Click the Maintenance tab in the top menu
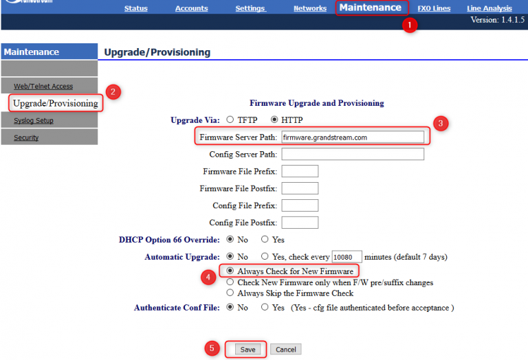point(370,8)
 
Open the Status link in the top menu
point(136,8)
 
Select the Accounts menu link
point(191,8)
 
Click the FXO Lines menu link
point(434,8)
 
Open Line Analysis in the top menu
point(489,8)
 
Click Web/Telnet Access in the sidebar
point(43,86)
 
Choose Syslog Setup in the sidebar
point(34,120)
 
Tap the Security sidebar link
point(26,137)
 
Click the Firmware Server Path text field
point(353,137)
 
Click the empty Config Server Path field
point(353,154)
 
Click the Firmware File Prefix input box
point(300,171)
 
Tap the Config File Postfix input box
point(300,223)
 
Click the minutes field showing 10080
point(346,257)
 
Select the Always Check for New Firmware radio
point(230,271)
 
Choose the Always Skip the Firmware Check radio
point(230,293)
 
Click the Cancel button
point(285,349)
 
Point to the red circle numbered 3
point(442,124)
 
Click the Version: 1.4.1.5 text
point(497,20)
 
